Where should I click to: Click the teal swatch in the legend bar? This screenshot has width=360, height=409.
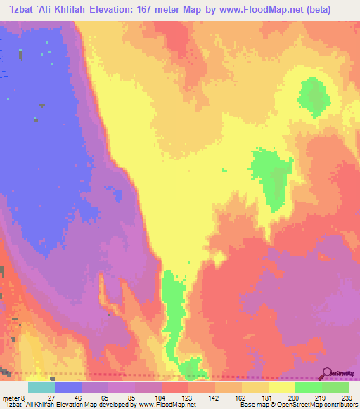[41, 387]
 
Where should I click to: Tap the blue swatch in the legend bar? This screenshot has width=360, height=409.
[67, 387]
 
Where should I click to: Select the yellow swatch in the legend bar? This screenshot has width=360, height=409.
[281, 387]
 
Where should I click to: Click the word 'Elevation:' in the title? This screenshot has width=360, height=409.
[133, 10]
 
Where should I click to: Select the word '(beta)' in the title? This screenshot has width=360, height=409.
[328, 10]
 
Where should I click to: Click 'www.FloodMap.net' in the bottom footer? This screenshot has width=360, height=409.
[166, 405]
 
